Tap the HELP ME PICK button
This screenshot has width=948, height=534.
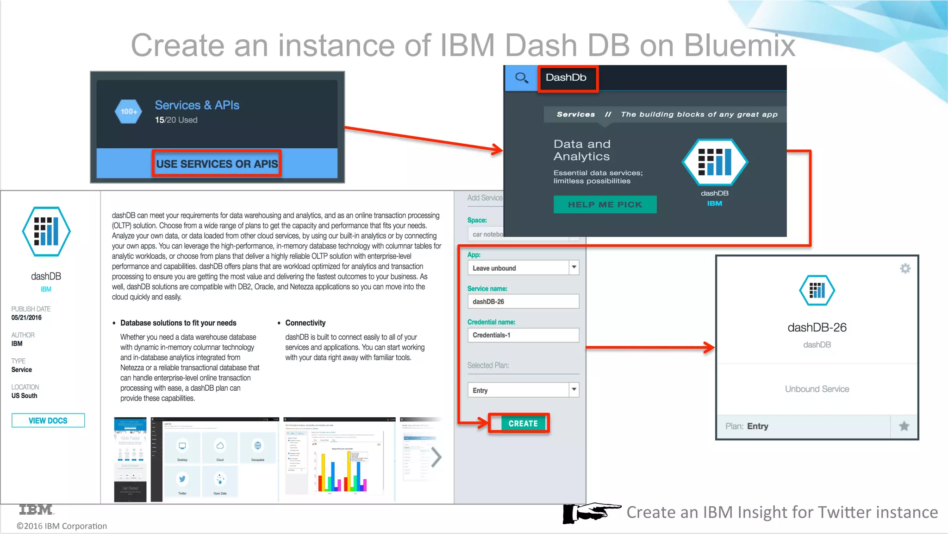click(605, 204)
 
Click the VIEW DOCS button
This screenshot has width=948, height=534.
click(48, 420)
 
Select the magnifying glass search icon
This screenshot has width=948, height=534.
click(521, 78)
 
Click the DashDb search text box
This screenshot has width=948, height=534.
click(568, 78)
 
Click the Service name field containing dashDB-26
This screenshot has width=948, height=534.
click(523, 301)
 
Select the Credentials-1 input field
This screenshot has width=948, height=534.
click(523, 335)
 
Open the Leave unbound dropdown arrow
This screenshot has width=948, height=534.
click(574, 267)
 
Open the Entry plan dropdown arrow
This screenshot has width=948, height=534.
click(574, 390)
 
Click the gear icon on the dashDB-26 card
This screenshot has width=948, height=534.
click(905, 268)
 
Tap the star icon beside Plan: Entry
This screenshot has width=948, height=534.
click(904, 426)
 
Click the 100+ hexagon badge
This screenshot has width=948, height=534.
click(128, 111)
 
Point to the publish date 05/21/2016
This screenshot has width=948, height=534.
click(26, 318)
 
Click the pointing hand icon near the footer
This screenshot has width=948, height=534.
click(591, 512)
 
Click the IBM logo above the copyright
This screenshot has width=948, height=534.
click(36, 510)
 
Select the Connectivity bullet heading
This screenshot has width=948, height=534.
click(305, 323)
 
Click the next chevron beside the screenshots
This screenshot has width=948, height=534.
click(436, 457)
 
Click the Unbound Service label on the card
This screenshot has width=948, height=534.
click(817, 389)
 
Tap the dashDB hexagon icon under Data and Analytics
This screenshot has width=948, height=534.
click(714, 162)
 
